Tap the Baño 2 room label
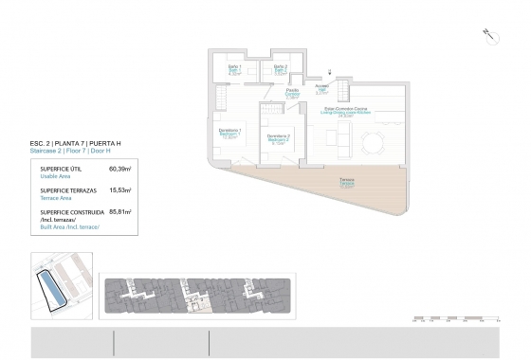(280, 68)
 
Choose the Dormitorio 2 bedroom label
(278, 138)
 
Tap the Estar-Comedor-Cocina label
(348, 112)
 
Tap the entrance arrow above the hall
(329, 72)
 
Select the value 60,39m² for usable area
(120, 169)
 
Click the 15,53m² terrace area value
(120, 189)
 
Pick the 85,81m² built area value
(120, 212)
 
